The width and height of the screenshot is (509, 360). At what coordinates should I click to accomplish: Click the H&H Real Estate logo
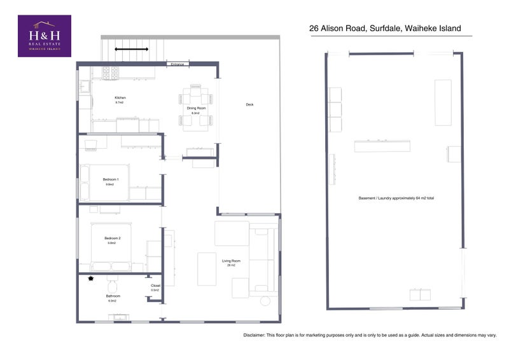click(x=44, y=36)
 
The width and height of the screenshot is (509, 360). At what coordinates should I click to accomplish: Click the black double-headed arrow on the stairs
click(x=132, y=48)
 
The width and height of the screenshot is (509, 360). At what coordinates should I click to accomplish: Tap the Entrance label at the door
click(x=177, y=64)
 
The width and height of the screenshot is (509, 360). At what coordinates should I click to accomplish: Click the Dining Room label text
click(x=196, y=109)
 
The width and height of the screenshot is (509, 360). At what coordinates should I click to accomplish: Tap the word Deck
click(x=249, y=104)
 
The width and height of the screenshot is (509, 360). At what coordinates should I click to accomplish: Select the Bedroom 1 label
click(x=111, y=179)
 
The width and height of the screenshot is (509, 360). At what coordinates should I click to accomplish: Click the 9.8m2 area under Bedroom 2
click(x=111, y=243)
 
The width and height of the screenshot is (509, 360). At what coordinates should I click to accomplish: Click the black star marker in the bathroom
click(x=92, y=279)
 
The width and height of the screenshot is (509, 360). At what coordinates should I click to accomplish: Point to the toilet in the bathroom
click(x=114, y=282)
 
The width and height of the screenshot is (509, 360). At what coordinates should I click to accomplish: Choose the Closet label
click(x=155, y=286)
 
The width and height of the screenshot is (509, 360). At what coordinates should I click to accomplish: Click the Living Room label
click(x=230, y=261)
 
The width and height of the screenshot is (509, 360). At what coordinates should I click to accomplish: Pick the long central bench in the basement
click(x=382, y=146)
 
